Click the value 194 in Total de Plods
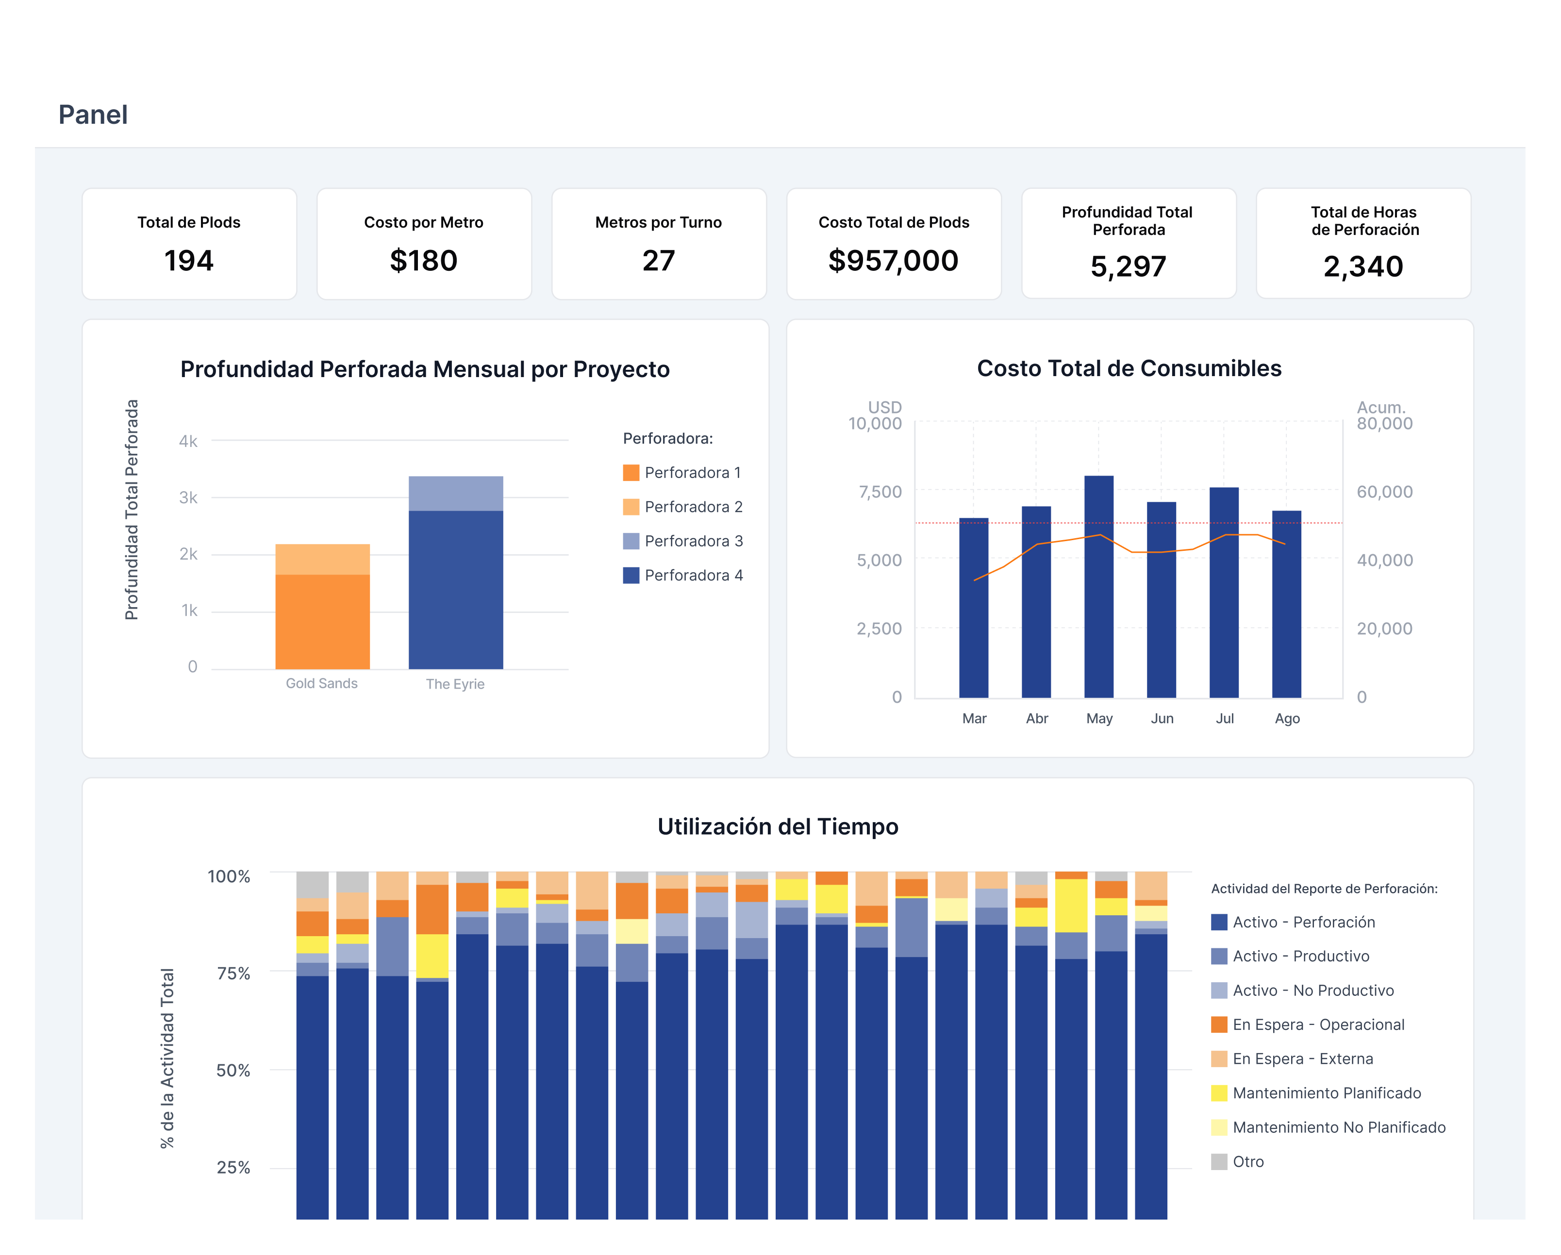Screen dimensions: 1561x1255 pos(189,261)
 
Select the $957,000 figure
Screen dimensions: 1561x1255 pos(894,261)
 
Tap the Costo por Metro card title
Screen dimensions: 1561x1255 pos(424,222)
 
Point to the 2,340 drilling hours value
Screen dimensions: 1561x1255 pos(1363,266)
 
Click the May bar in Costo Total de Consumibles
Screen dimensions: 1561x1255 pos(1099,586)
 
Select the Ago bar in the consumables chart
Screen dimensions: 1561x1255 pos(1287,604)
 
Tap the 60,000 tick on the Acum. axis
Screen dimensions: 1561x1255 pos(1384,492)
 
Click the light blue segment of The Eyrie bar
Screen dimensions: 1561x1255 pos(456,494)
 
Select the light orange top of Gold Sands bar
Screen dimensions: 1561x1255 pos(323,560)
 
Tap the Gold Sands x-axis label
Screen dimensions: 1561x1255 pos(321,683)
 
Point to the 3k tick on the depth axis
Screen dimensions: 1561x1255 pos(188,497)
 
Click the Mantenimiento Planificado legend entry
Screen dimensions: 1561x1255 pos(1316,1093)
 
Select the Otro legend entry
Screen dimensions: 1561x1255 pos(1238,1162)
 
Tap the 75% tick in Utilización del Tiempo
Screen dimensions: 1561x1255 pos(233,974)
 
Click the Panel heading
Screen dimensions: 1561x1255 pos(93,115)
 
